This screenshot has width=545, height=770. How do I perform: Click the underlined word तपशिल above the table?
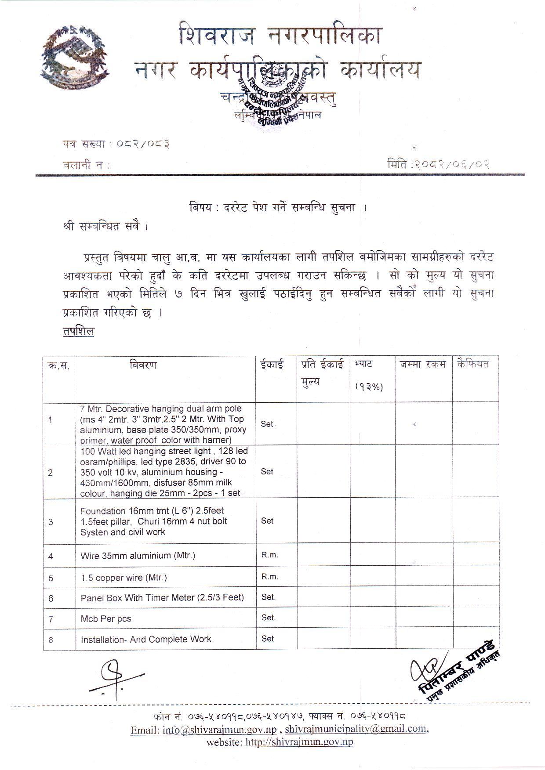pyautogui.click(x=78, y=332)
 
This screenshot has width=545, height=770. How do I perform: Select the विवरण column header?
pyautogui.click(x=143, y=365)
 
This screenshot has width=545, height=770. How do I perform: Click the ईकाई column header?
pyautogui.click(x=271, y=365)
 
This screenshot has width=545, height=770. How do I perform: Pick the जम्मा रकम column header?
pyautogui.click(x=423, y=365)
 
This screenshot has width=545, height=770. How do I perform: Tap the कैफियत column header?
pyautogui.click(x=473, y=364)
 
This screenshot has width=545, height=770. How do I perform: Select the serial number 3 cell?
pyautogui.click(x=51, y=522)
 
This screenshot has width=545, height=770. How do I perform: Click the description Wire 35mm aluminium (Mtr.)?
pyautogui.click(x=138, y=556)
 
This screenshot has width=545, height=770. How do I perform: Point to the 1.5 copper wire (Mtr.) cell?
pyautogui.click(x=124, y=578)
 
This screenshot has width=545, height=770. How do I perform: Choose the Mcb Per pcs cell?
pyautogui.click(x=106, y=619)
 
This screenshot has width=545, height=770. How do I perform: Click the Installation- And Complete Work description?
pyautogui.click(x=146, y=640)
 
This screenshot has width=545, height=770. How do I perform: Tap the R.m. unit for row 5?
pyautogui.click(x=269, y=577)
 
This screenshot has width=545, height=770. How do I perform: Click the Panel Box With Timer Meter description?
pyautogui.click(x=162, y=598)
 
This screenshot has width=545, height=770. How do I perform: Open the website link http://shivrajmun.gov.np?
pyautogui.click(x=299, y=742)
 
